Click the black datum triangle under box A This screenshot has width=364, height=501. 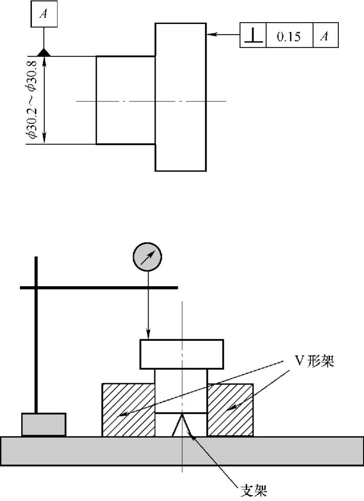point(43,53)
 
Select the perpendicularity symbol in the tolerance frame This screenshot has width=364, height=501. point(253,35)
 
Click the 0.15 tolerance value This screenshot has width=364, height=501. point(288,35)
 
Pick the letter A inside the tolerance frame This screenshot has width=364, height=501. point(325,35)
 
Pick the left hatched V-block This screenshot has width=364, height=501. point(128,410)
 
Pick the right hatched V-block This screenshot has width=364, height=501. point(230,410)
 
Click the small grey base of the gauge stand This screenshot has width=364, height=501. point(44,425)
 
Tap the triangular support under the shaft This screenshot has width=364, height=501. point(181,425)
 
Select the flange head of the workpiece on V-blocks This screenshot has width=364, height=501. point(181,354)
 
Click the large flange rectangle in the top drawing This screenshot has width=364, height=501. point(180,97)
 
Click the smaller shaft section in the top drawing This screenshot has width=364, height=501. point(126,100)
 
